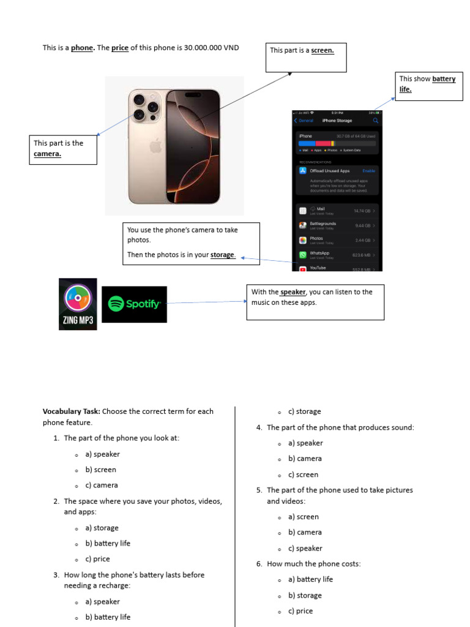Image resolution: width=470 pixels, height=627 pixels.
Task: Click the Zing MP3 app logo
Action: [78, 304]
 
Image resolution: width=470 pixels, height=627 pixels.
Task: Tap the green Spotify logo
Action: [134, 304]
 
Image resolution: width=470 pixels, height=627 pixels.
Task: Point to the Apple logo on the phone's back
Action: [155, 145]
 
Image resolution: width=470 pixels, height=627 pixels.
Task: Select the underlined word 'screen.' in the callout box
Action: [323, 50]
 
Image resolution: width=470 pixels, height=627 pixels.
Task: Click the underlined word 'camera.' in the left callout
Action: [47, 154]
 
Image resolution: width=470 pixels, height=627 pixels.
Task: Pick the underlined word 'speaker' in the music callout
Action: [293, 292]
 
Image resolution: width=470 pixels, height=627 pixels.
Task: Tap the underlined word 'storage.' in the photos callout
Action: [223, 255]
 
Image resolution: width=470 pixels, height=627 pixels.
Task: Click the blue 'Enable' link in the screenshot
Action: [368, 171]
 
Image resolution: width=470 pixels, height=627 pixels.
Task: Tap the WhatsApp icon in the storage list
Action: [303, 255]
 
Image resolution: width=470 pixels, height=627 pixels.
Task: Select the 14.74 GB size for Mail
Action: [362, 211]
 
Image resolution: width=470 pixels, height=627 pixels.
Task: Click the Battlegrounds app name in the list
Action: [323, 223]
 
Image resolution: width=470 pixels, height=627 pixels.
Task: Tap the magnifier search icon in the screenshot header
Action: [376, 121]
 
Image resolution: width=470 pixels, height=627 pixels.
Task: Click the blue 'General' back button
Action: [304, 121]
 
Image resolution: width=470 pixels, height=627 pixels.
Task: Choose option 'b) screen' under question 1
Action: [100, 470]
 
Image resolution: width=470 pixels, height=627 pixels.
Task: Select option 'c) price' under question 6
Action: [300, 611]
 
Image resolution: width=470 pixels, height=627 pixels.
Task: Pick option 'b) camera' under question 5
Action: [305, 533]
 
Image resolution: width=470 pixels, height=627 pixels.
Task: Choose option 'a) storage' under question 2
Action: [102, 528]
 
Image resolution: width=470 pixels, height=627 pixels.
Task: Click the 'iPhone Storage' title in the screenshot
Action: [337, 121]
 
